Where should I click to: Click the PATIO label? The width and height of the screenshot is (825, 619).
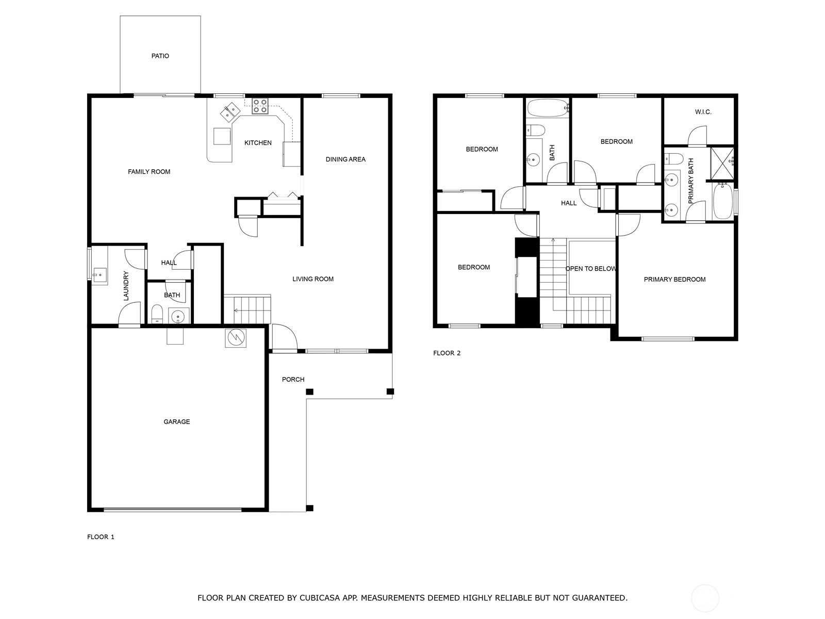[160, 56]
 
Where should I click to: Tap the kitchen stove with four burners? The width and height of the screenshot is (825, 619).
[260, 106]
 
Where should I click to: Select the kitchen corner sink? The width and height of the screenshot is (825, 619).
[230, 111]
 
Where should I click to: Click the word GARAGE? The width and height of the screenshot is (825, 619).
[177, 421]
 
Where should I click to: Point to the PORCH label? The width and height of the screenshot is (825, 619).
[293, 380]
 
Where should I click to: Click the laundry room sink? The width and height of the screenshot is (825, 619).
[100, 275]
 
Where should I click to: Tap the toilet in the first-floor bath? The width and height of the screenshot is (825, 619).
[157, 314]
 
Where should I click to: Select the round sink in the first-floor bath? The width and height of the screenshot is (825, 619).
[178, 316]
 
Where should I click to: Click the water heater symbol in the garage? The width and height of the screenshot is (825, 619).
[236, 338]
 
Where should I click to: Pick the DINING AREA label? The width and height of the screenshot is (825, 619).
[345, 159]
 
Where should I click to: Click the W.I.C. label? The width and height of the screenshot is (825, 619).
[703, 112]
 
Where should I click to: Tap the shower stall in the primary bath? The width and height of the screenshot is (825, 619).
[722, 163]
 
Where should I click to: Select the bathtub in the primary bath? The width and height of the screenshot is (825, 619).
[723, 201]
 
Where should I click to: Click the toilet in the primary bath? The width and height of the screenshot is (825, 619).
[673, 159]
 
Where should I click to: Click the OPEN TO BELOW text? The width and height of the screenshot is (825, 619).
[591, 269]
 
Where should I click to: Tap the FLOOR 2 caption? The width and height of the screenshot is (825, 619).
[447, 353]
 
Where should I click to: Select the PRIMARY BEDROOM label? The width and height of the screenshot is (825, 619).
[674, 279]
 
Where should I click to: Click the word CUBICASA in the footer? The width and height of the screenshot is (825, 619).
[319, 597]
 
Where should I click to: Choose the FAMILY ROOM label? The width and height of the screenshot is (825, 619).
[149, 172]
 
